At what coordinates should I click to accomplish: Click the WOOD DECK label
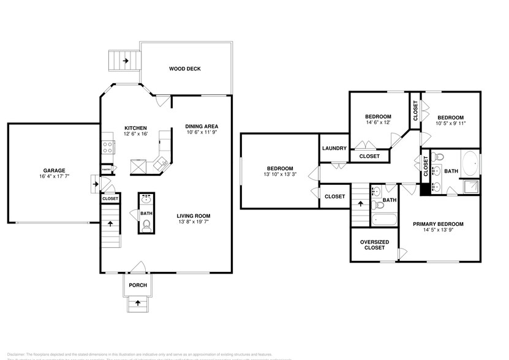click(x=184, y=69)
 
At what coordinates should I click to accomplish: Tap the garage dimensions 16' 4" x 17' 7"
click(x=54, y=176)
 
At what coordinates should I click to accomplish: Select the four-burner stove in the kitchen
click(x=108, y=147)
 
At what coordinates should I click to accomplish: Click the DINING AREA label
click(x=202, y=127)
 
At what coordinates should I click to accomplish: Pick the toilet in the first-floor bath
click(x=146, y=227)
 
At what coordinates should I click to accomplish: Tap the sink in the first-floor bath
click(x=146, y=199)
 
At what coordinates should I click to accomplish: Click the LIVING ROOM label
click(x=194, y=216)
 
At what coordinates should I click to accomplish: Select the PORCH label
click(x=137, y=285)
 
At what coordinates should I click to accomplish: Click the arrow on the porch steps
click(x=137, y=302)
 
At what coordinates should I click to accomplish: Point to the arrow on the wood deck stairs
click(x=125, y=61)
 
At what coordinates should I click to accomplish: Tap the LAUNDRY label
click(x=334, y=148)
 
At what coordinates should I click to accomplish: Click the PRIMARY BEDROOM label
click(x=437, y=224)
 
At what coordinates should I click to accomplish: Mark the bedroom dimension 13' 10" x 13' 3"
click(x=279, y=174)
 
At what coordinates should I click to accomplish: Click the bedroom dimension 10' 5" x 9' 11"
click(x=450, y=123)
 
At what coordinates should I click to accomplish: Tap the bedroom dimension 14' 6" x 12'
click(x=378, y=122)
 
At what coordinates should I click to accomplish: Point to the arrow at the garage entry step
click(x=95, y=182)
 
